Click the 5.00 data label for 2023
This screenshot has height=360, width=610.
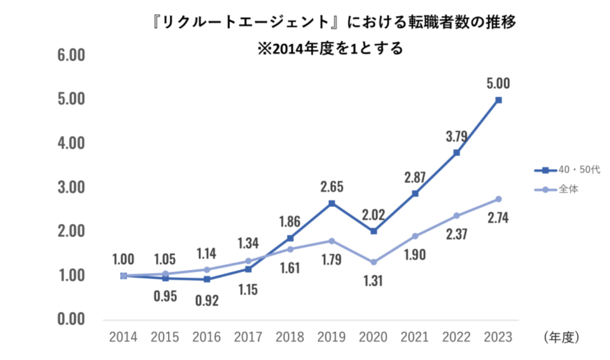coord(498,84)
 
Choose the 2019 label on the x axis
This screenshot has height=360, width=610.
coord(332,337)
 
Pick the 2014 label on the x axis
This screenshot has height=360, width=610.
coord(123,337)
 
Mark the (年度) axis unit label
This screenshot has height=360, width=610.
coord(561,337)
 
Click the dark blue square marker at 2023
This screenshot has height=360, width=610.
coord(499,100)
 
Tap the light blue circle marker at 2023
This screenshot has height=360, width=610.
coord(499,199)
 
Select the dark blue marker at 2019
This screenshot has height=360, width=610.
coord(332,203)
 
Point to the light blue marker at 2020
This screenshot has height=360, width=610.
coord(374,262)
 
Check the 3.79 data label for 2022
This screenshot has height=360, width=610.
coord(457,136)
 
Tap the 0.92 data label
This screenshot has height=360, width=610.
coord(207,300)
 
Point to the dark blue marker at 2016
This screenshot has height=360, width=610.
coord(207,279)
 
